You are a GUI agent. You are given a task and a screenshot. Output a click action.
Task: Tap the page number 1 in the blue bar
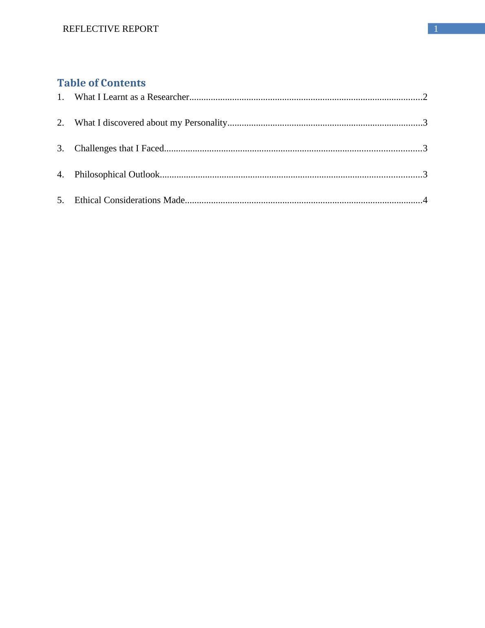tap(436, 29)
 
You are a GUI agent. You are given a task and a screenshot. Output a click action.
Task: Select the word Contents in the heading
tap(123, 83)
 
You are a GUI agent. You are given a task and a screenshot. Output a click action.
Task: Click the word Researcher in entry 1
tap(168, 97)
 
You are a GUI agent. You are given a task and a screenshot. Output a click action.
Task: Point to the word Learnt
tap(117, 97)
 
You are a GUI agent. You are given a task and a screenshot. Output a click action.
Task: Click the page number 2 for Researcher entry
tap(425, 97)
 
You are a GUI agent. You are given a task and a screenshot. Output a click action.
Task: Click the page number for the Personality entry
tap(425, 123)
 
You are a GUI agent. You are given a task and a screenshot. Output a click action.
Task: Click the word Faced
tap(152, 148)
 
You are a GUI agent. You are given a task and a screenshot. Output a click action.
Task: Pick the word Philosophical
tap(100, 175)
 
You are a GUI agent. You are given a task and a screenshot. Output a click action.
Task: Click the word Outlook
tap(144, 175)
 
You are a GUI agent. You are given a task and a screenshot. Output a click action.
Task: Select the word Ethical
tap(88, 200)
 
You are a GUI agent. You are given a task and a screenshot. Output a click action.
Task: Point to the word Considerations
tap(132, 200)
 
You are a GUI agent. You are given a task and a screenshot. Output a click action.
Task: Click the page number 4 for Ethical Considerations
tap(425, 200)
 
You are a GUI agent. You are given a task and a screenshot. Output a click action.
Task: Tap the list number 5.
tap(61, 200)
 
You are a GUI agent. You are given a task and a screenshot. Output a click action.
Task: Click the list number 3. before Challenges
tap(61, 148)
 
